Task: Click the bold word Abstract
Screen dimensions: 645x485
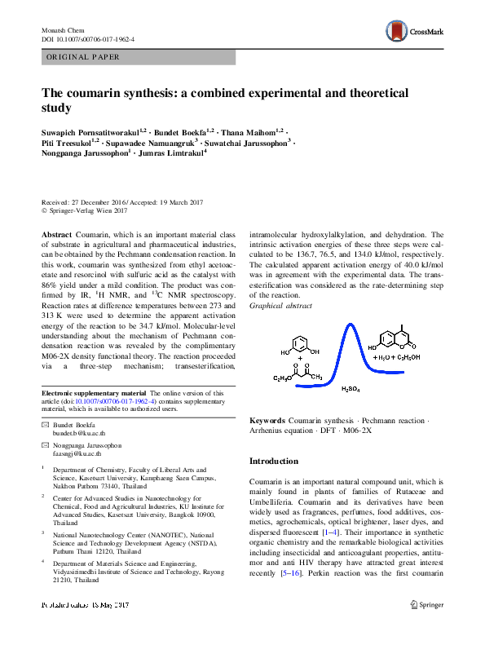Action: pyautogui.click(x=57, y=234)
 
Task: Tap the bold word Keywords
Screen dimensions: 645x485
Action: pyautogui.click(x=267, y=420)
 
